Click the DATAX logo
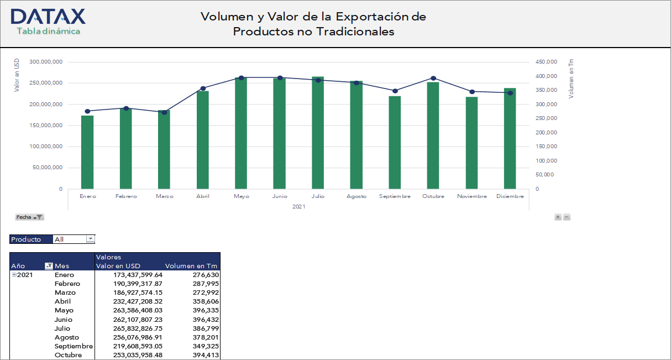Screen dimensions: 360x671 tap(48, 17)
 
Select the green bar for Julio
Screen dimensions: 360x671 tap(318, 133)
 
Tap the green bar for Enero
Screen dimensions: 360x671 tap(87, 152)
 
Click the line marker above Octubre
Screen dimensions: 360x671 tap(433, 78)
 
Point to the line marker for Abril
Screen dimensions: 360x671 tap(203, 88)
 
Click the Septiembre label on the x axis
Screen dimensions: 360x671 tap(395, 196)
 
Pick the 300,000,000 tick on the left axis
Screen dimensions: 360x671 tap(46, 62)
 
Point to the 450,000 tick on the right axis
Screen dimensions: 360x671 tap(546, 62)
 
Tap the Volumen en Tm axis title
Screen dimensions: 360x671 tap(571, 79)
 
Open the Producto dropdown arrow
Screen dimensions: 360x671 tap(90, 239)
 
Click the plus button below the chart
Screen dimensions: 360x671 tap(558, 217)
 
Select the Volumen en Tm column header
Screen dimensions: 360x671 tap(191, 266)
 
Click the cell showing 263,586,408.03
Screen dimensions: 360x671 tap(129, 310)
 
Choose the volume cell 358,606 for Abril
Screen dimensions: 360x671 tap(204, 301)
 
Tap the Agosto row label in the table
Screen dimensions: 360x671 tap(67, 337)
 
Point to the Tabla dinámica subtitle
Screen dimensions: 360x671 tap(49, 32)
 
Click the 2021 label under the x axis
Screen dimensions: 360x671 tap(298, 206)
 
